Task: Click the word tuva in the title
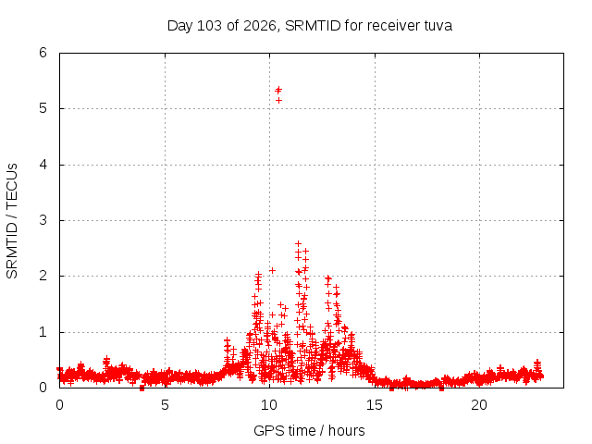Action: (x=438, y=26)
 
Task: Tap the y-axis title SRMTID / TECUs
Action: (x=12, y=221)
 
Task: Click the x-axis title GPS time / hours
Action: (x=309, y=430)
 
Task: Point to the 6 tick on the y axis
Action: (x=43, y=53)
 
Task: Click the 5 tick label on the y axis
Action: (x=43, y=108)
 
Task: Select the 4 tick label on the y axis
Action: (x=43, y=165)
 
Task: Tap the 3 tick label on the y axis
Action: (x=43, y=220)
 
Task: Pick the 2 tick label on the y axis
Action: (x=43, y=276)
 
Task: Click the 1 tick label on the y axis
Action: (x=43, y=332)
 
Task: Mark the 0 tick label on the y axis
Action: (x=43, y=388)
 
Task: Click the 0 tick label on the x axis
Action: (x=59, y=405)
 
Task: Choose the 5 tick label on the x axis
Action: (x=165, y=405)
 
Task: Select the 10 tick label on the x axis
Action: (x=269, y=405)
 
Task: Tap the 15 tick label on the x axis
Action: (x=374, y=405)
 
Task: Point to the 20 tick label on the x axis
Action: (x=479, y=405)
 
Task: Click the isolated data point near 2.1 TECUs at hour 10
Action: (x=272, y=270)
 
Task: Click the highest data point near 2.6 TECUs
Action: (x=298, y=243)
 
